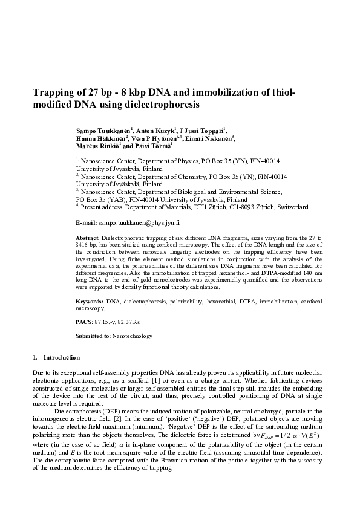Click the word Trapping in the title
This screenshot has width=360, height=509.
(x=55, y=92)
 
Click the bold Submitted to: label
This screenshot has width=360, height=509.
(x=94, y=336)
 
